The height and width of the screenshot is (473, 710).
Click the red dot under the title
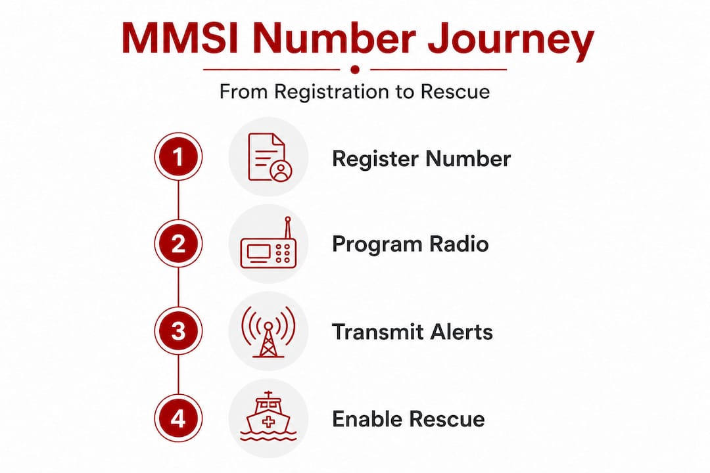(355, 69)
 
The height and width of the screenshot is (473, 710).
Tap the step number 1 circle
(178, 158)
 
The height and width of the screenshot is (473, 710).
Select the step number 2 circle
(178, 244)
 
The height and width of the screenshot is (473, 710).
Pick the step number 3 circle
(178, 331)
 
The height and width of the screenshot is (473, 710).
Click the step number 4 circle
(178, 418)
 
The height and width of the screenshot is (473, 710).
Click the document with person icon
(268, 158)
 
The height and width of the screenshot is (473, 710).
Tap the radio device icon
(268, 245)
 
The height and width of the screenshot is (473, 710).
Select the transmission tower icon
(268, 331)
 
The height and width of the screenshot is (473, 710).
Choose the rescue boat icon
(268, 418)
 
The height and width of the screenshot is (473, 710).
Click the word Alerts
(462, 331)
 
